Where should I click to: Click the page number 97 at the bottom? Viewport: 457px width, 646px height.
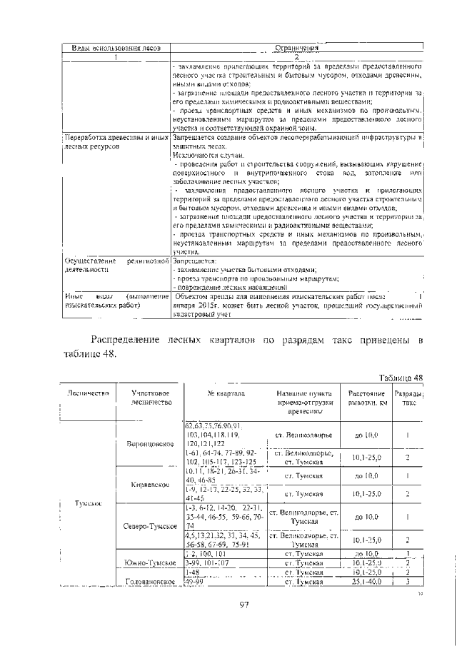click(243, 605)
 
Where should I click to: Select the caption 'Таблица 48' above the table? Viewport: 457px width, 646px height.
click(401, 378)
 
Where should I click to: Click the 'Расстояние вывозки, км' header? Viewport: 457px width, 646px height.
click(367, 398)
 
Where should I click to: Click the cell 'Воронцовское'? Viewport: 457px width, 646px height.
click(151, 444)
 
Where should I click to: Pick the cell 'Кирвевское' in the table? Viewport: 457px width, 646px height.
click(150, 485)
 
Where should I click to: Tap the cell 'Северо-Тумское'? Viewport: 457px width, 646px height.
click(150, 526)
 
